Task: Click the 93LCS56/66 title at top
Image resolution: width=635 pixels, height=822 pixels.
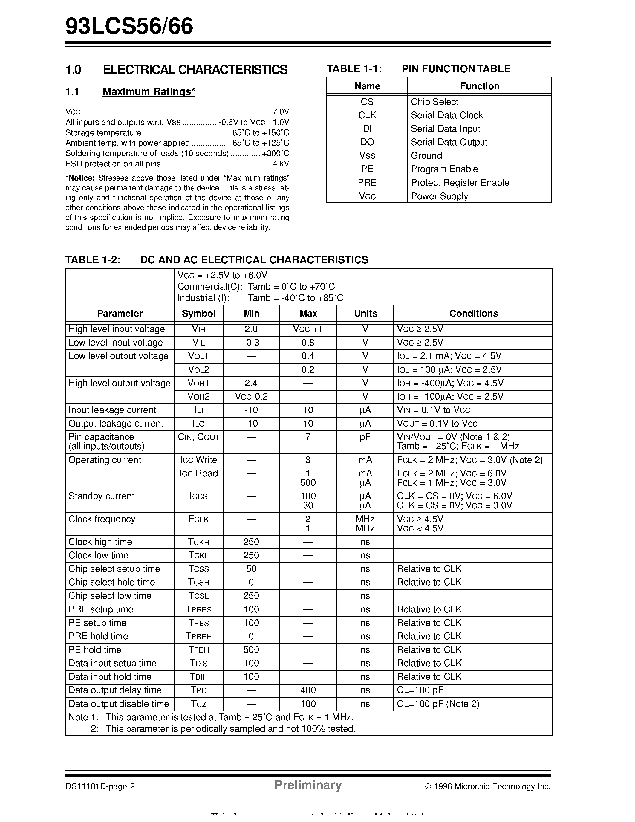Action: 129,27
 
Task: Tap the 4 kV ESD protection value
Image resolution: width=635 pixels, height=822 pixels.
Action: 281,164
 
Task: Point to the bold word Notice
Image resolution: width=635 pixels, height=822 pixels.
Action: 80,178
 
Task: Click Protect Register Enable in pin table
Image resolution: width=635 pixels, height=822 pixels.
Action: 460,183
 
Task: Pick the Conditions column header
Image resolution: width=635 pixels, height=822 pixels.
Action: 473,313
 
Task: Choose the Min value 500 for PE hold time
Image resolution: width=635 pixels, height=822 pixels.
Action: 251,650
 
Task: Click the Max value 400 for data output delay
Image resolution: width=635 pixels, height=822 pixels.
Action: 308,690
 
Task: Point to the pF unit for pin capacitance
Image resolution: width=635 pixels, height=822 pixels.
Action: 365,437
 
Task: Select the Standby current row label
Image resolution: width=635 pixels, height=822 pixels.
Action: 101,496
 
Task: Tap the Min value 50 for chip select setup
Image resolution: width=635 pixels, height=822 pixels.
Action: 251,569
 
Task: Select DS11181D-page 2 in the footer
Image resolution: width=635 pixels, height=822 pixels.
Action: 100,786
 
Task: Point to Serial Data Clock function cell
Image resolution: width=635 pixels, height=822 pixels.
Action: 446,115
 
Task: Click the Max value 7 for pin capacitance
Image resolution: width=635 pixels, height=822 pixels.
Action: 308,437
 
